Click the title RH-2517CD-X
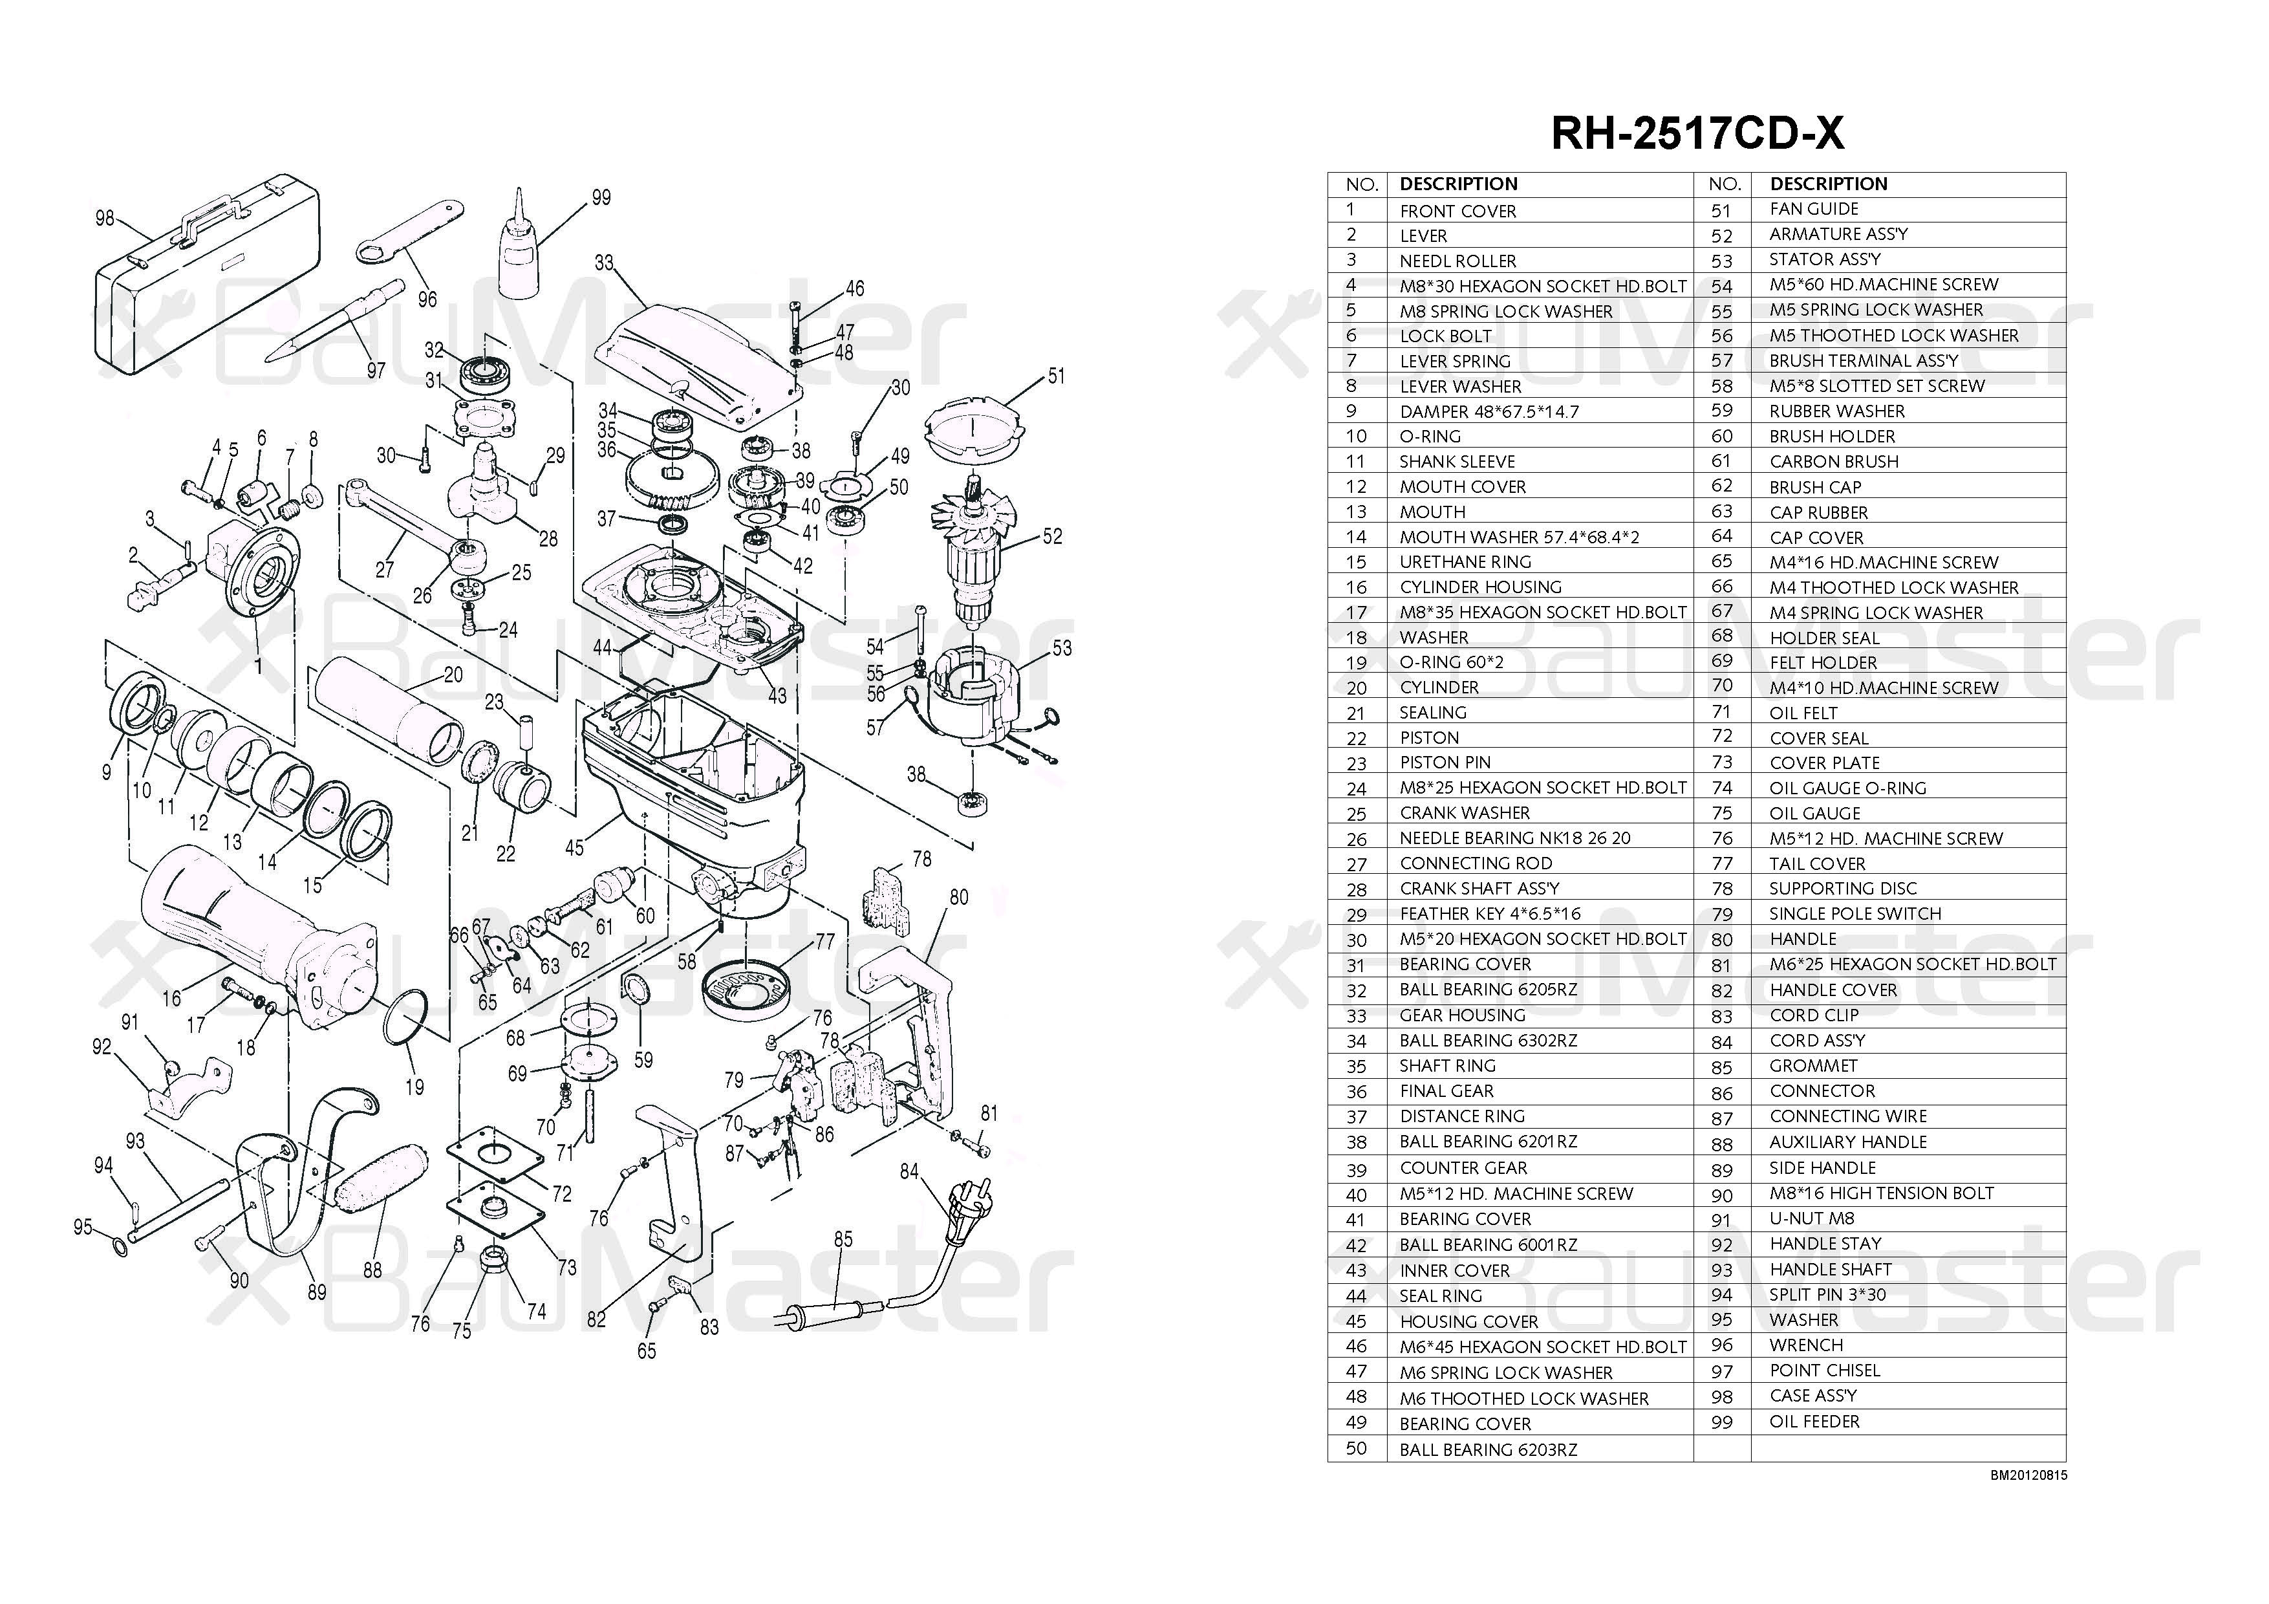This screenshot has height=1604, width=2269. coord(1697,133)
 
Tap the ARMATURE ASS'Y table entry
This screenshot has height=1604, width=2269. coord(1838,234)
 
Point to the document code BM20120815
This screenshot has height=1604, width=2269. coord(2028,1475)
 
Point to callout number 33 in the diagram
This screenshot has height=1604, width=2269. coord(604,263)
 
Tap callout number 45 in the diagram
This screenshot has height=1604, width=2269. coord(574,847)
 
